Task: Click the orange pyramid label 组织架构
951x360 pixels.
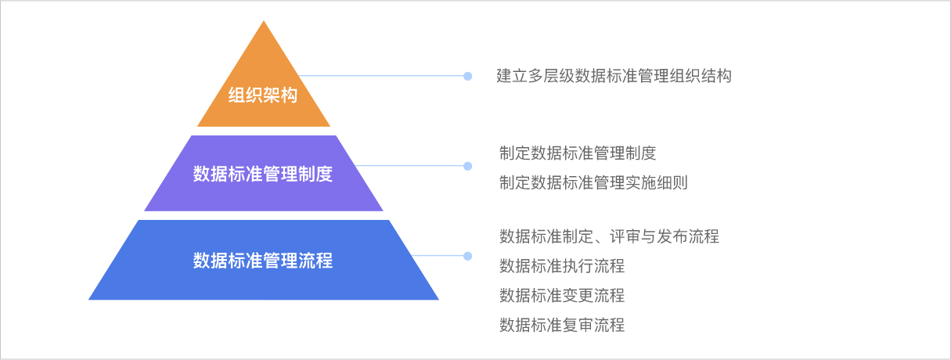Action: [x=263, y=96]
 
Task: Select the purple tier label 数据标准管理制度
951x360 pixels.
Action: [x=263, y=174]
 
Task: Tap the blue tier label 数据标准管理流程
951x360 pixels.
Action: [x=263, y=260]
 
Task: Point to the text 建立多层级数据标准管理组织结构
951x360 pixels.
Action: [x=614, y=76]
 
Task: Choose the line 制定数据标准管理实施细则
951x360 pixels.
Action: [x=593, y=183]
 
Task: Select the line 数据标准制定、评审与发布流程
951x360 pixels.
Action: [x=609, y=236]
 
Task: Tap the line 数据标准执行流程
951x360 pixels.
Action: [x=562, y=265]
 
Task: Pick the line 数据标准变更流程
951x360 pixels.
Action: [x=562, y=296]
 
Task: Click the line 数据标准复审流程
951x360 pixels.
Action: [x=562, y=326]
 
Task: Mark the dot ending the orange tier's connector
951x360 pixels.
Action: [x=468, y=76]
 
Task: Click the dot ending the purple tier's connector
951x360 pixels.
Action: [x=468, y=166]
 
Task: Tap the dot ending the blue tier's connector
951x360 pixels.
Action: [x=468, y=256]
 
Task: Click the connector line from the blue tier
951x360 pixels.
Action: [x=438, y=256]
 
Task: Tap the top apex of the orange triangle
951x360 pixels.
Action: [x=264, y=22]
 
